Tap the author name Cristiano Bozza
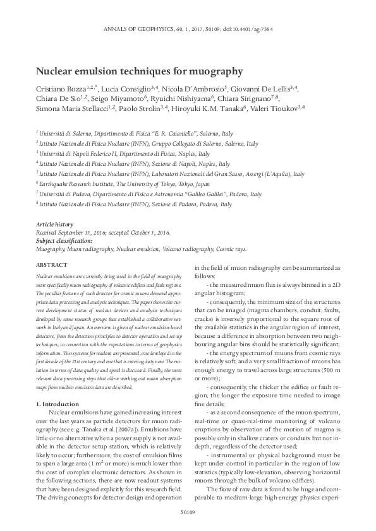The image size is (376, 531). coord(61,88)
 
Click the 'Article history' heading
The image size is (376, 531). coord(54,225)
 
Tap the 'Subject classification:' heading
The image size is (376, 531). coord(64,240)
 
